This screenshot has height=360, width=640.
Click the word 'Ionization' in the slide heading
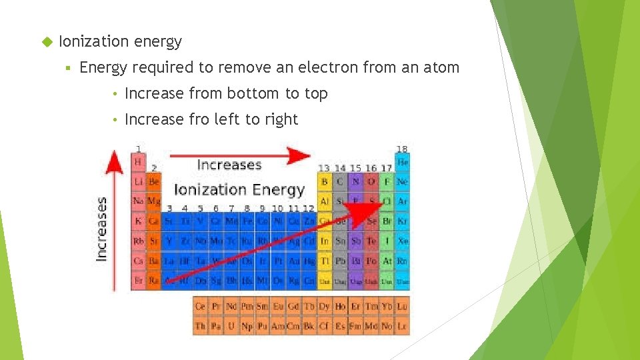pyautogui.click(x=93, y=41)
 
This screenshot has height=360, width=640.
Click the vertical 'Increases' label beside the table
pyautogui.click(x=102, y=227)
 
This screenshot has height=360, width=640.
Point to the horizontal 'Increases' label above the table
pyautogui.click(x=229, y=164)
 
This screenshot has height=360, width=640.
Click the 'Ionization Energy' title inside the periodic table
pyautogui.click(x=239, y=189)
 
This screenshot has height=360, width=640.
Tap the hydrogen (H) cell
pyautogui.click(x=138, y=162)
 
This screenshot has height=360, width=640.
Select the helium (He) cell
pyautogui.click(x=402, y=162)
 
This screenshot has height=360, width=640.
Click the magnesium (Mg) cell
pyautogui.click(x=153, y=201)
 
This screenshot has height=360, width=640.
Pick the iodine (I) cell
pyautogui.click(x=387, y=241)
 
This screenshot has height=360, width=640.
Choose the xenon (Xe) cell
pyautogui.click(x=402, y=241)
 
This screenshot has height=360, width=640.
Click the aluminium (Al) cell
pyautogui.click(x=325, y=201)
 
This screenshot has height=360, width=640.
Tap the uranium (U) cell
pyautogui.click(x=231, y=326)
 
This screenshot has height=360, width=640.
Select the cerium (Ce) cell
pyautogui.click(x=200, y=307)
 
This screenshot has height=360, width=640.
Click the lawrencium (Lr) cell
pyautogui.click(x=402, y=326)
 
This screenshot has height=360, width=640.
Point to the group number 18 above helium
pyautogui.click(x=401, y=149)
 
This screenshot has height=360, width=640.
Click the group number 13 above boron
pyautogui.click(x=324, y=169)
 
